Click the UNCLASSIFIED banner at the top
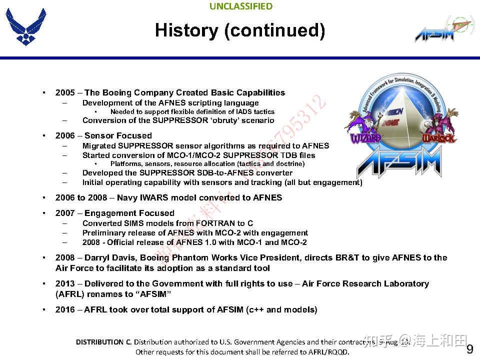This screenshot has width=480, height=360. coord(240,6)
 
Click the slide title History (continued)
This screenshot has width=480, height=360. coord(240,30)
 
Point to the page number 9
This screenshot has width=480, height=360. coord(469,349)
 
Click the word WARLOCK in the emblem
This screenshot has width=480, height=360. coord(439,137)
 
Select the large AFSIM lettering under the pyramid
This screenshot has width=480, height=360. coord(400,162)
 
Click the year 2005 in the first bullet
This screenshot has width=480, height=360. coord(65,92)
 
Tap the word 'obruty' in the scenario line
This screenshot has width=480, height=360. coord(221,120)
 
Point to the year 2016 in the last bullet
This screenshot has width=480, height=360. coord(65,309)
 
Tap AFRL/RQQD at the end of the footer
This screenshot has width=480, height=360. coord(327,352)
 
